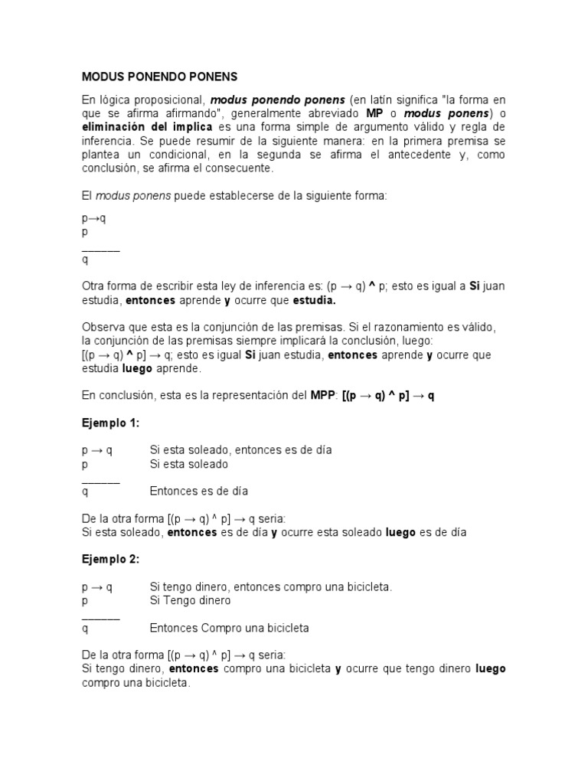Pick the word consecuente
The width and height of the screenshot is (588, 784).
click(239, 168)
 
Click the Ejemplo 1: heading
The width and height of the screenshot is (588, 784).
click(111, 423)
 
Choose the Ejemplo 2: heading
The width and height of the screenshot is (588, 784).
click(111, 559)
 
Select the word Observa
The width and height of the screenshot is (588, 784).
click(105, 326)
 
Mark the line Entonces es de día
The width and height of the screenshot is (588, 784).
click(198, 491)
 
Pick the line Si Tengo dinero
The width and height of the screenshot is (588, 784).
click(190, 601)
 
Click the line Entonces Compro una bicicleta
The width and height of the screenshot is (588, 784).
click(229, 628)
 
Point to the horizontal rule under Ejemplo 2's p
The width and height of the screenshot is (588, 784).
click(100, 616)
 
